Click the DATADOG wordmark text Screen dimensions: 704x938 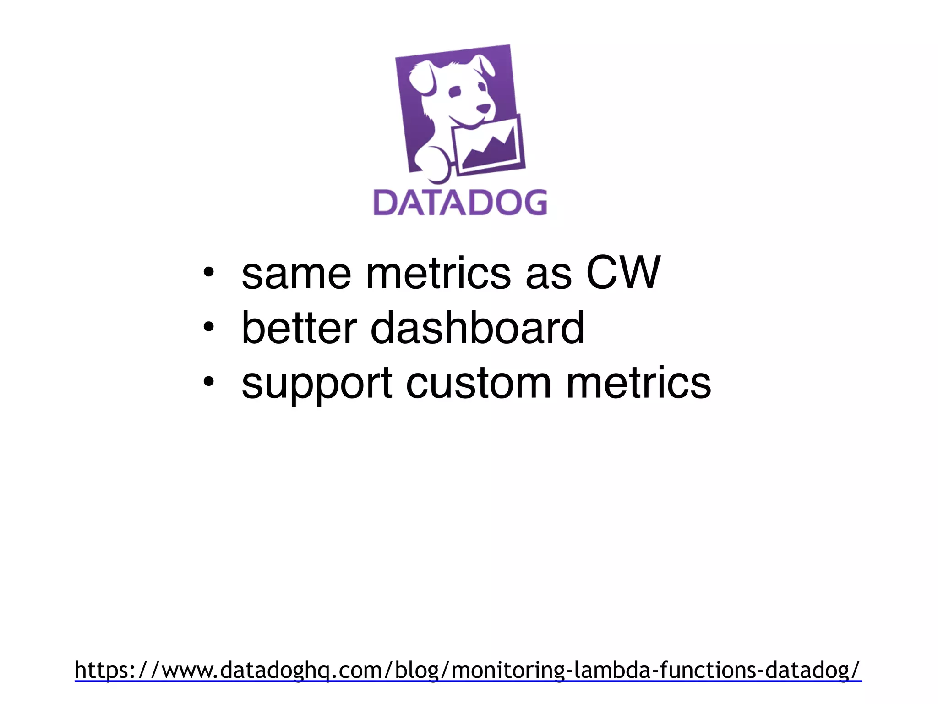click(x=460, y=203)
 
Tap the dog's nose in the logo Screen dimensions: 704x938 click(x=483, y=109)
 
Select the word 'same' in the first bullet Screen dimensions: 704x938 click(x=296, y=274)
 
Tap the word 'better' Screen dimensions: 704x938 click(x=299, y=328)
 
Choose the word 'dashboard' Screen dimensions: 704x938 click(x=477, y=328)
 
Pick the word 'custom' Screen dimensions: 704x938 click(x=479, y=383)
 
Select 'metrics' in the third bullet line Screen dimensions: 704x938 click(x=638, y=383)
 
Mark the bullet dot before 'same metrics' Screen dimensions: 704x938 click(x=208, y=274)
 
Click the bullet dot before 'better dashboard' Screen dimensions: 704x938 click(x=208, y=328)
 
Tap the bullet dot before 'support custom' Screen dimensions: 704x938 click(x=208, y=382)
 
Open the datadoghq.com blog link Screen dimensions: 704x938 click(x=468, y=670)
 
